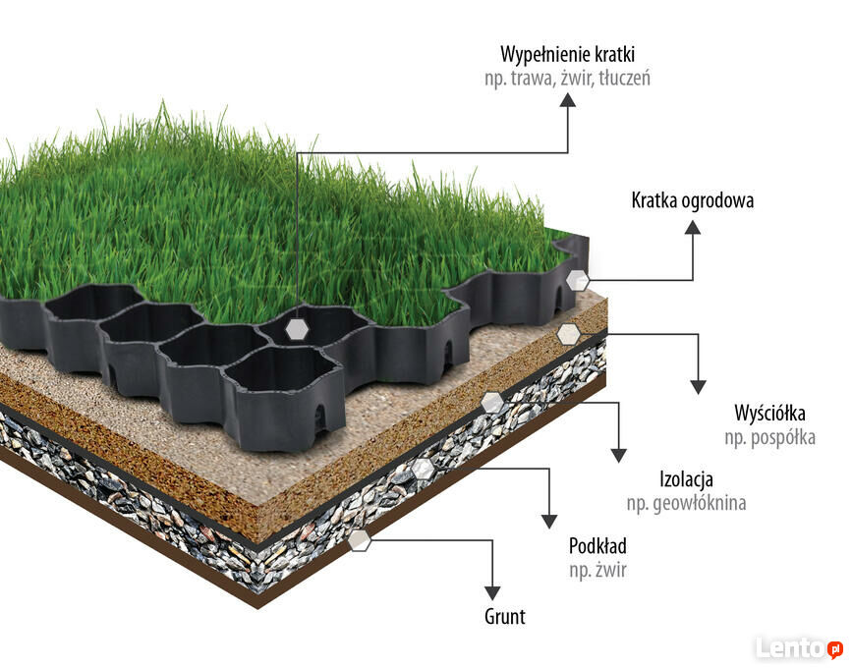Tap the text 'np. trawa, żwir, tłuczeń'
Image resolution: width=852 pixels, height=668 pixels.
(x=567, y=78)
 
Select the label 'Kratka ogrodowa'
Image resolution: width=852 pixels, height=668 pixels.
(x=692, y=201)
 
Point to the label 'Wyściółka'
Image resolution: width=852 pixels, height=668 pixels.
(x=769, y=413)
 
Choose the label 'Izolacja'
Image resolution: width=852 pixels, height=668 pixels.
(x=686, y=480)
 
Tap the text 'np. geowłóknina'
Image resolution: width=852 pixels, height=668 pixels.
(x=686, y=504)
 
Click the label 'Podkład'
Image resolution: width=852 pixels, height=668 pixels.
(x=597, y=546)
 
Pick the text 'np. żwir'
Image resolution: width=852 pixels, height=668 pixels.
(x=597, y=570)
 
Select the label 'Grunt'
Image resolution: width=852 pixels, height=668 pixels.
(x=505, y=617)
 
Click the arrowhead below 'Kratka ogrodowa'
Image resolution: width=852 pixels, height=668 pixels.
(x=693, y=228)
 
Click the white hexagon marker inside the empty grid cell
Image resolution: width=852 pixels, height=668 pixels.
(x=296, y=329)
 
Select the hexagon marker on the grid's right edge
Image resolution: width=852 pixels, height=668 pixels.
(x=578, y=280)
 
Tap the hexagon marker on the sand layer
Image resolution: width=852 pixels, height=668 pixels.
(x=568, y=334)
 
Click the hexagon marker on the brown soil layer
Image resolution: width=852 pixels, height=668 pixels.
(x=360, y=539)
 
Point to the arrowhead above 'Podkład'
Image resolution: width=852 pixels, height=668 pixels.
(x=548, y=521)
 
